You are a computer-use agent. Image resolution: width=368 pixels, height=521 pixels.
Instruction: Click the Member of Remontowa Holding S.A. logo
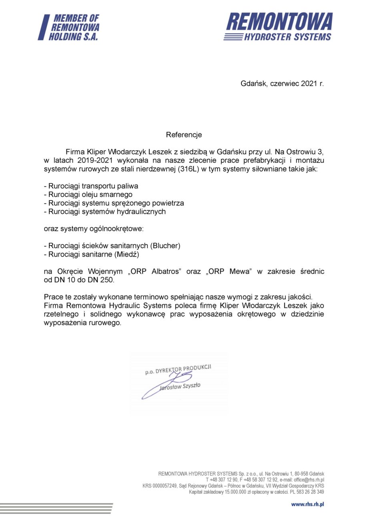coord(68,27)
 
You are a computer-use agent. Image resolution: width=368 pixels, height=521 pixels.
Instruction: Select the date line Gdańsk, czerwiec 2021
coord(282,84)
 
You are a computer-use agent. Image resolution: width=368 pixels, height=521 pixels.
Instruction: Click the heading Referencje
coord(184,135)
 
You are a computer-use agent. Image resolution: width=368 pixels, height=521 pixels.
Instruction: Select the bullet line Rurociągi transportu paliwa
coord(91,186)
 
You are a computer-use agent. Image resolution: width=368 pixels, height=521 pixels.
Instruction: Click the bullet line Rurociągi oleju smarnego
coord(88,194)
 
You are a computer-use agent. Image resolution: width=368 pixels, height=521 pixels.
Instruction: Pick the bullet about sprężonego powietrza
coord(114,203)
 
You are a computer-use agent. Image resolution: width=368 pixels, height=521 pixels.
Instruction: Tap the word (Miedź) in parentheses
coord(128,254)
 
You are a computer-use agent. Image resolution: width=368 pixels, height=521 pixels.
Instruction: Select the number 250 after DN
coord(108,280)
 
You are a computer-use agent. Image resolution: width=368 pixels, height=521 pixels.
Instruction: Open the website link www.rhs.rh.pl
coord(307,504)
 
